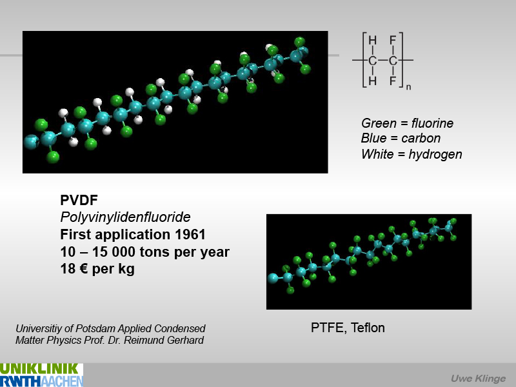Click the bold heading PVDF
(79, 200)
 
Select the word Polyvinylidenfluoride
(125, 217)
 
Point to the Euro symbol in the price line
(84, 269)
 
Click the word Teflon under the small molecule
(368, 328)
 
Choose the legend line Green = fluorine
(407, 123)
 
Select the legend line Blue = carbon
(401, 138)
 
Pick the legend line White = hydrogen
(412, 154)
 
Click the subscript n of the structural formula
(408, 87)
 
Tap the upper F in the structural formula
(393, 41)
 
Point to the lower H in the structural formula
(373, 81)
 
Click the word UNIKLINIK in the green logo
(39, 369)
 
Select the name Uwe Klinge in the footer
(478, 379)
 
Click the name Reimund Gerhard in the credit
(164, 340)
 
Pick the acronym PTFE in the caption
(329, 328)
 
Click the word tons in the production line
(155, 252)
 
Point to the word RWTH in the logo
(21, 381)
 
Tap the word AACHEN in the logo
(62, 381)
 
